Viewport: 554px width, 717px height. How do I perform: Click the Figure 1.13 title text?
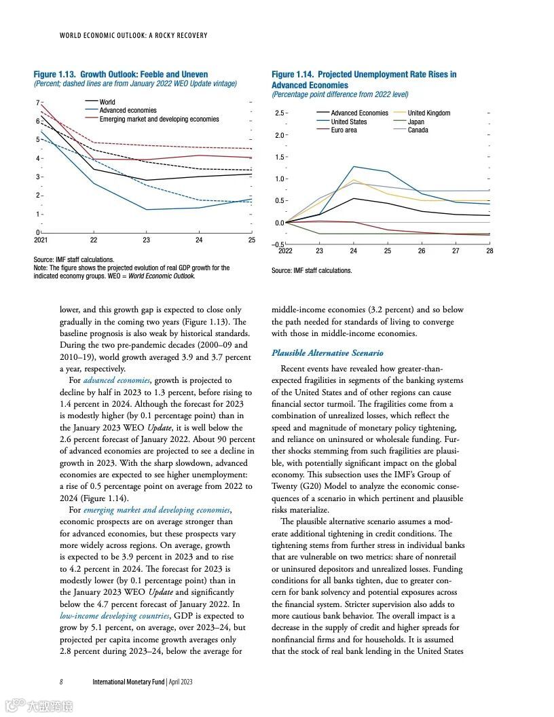[x=121, y=74]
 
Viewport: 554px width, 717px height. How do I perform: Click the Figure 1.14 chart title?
[x=364, y=79]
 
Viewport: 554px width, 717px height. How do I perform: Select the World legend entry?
[x=107, y=102]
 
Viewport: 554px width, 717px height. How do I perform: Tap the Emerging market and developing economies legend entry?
[x=159, y=119]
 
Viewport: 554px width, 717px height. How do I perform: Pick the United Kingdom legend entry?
[x=428, y=113]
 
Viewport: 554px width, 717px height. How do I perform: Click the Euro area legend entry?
[x=344, y=130]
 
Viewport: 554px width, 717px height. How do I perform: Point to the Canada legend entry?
[x=418, y=130]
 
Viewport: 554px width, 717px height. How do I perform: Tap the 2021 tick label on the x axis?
[x=41, y=240]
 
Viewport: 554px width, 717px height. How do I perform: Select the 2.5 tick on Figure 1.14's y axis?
[x=279, y=113]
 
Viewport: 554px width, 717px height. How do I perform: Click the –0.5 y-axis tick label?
[x=278, y=244]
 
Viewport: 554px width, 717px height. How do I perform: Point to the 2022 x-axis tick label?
[x=286, y=251]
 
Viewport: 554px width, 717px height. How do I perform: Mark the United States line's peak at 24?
[x=353, y=166]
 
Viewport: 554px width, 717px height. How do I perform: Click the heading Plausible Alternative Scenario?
[x=327, y=353]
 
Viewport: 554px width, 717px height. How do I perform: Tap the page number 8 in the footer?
[x=61, y=681]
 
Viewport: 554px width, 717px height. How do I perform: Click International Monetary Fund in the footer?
[x=128, y=681]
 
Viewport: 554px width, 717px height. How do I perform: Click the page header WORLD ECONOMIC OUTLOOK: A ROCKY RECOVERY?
[x=134, y=35]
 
